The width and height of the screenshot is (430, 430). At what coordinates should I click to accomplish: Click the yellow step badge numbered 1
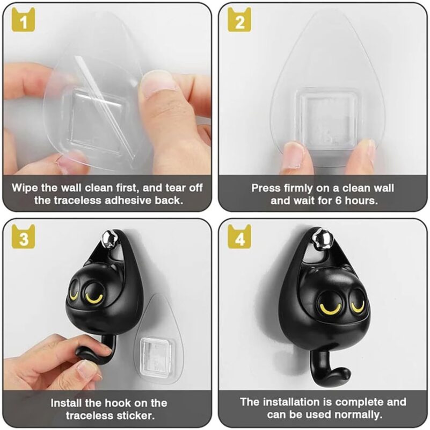(23, 20)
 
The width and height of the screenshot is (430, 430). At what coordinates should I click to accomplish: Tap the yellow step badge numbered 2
(239, 20)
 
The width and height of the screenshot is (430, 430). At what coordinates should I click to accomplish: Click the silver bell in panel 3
(108, 239)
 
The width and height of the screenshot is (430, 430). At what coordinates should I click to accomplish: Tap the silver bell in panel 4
(321, 238)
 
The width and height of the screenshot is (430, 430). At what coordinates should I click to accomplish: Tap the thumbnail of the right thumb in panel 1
(158, 83)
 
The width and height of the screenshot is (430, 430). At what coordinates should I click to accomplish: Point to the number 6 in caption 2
(338, 200)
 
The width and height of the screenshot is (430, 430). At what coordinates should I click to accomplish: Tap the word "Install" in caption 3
(66, 403)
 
